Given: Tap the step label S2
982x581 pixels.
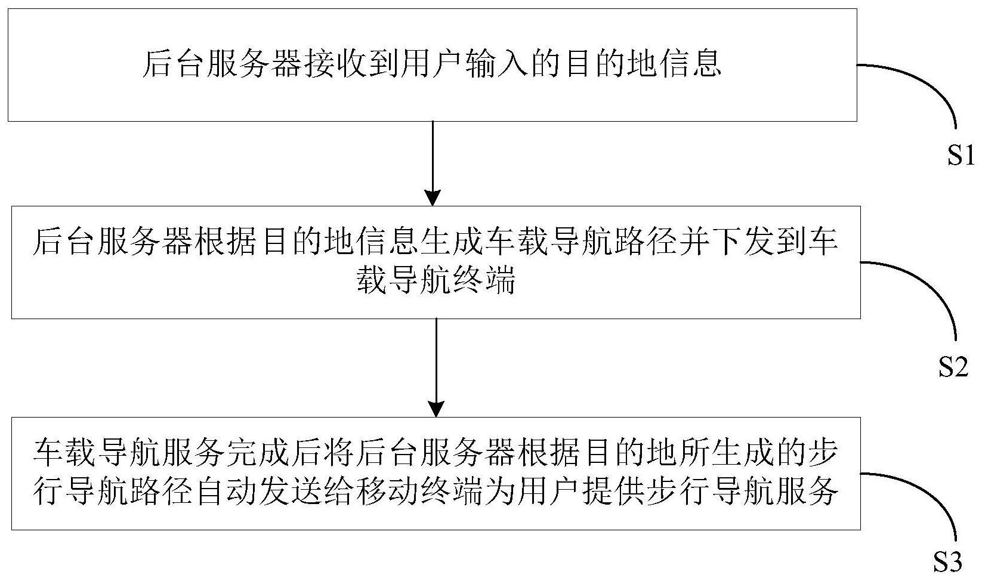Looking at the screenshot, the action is [953, 366].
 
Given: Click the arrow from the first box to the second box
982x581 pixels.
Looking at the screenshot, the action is [433, 163].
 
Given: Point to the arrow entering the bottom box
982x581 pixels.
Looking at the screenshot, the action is [436, 367].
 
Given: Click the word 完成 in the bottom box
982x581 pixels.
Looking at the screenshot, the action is [259, 453].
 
